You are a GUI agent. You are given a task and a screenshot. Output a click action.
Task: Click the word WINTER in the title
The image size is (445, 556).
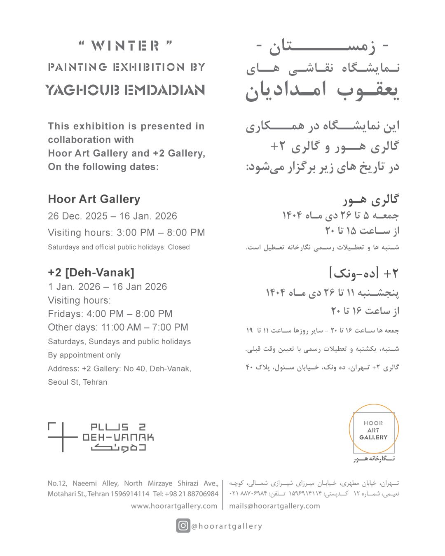click(125, 46)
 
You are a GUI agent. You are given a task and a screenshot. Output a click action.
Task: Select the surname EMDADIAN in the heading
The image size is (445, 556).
click(164, 90)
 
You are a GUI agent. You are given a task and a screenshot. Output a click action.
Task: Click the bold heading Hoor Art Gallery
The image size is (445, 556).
click(94, 199)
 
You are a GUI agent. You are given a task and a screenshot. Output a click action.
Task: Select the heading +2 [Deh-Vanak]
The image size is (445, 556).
click(91, 273)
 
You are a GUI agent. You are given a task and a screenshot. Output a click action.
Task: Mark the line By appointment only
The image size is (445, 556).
click(84, 355)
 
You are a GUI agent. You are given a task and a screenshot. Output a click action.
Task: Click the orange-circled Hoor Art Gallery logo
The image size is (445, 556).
click(373, 430)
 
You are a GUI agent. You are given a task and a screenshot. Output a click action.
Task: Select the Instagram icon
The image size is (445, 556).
click(183, 526)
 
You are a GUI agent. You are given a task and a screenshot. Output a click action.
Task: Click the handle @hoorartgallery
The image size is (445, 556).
click(227, 526)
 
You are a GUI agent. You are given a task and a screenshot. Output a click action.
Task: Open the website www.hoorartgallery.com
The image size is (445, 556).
click(174, 506)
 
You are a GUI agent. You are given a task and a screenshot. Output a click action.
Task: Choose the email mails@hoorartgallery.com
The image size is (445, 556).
click(274, 506)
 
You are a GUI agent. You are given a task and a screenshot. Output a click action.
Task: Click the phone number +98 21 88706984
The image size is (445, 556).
click(192, 494)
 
